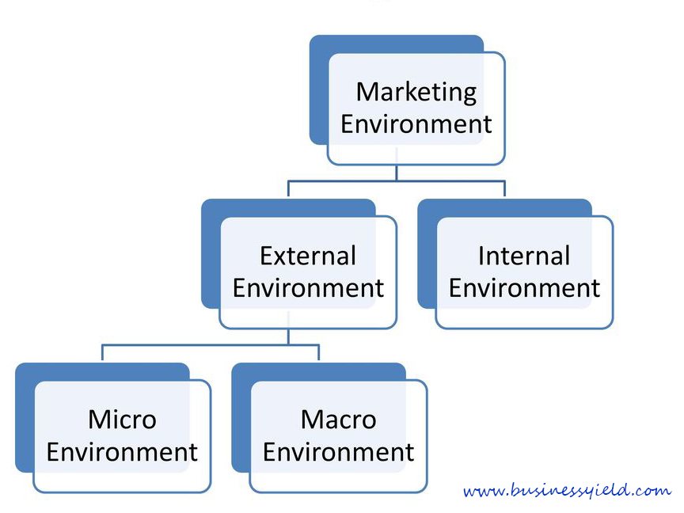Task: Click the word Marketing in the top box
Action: pyautogui.click(x=416, y=93)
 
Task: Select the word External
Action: pyautogui.click(x=308, y=256)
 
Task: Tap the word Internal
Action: pyautogui.click(x=524, y=256)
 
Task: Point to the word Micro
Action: pyautogui.click(x=122, y=420)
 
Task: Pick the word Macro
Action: pyautogui.click(x=339, y=420)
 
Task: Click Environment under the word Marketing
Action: pyautogui.click(x=416, y=123)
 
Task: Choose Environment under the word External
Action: pyautogui.click(x=308, y=288)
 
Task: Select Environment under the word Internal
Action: pyautogui.click(x=524, y=288)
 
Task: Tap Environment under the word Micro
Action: pyautogui.click(x=122, y=452)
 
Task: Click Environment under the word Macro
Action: pyautogui.click(x=339, y=452)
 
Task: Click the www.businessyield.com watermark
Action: pyautogui.click(x=567, y=490)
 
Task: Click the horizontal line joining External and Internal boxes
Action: pyautogui.click(x=397, y=180)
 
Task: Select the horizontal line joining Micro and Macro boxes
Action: pyautogui.click(x=211, y=345)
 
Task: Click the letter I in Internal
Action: pyautogui.click(x=481, y=256)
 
